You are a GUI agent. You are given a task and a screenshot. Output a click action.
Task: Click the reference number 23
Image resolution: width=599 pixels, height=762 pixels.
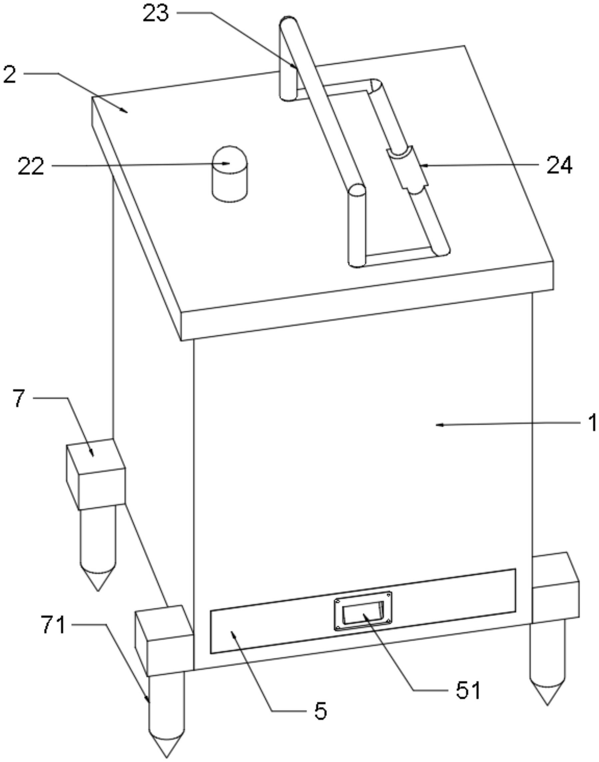tap(155, 14)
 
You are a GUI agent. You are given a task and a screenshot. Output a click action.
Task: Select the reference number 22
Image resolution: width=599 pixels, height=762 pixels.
tap(31, 166)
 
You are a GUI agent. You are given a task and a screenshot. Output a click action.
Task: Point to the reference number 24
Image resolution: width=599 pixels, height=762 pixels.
tap(559, 165)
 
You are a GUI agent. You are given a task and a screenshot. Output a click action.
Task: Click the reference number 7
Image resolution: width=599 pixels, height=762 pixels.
tap(19, 398)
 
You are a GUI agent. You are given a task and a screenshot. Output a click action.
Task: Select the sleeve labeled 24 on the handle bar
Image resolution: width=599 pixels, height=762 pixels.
tap(407, 168)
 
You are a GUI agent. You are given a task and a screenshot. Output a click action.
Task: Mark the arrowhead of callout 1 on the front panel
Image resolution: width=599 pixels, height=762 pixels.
tap(438, 425)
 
